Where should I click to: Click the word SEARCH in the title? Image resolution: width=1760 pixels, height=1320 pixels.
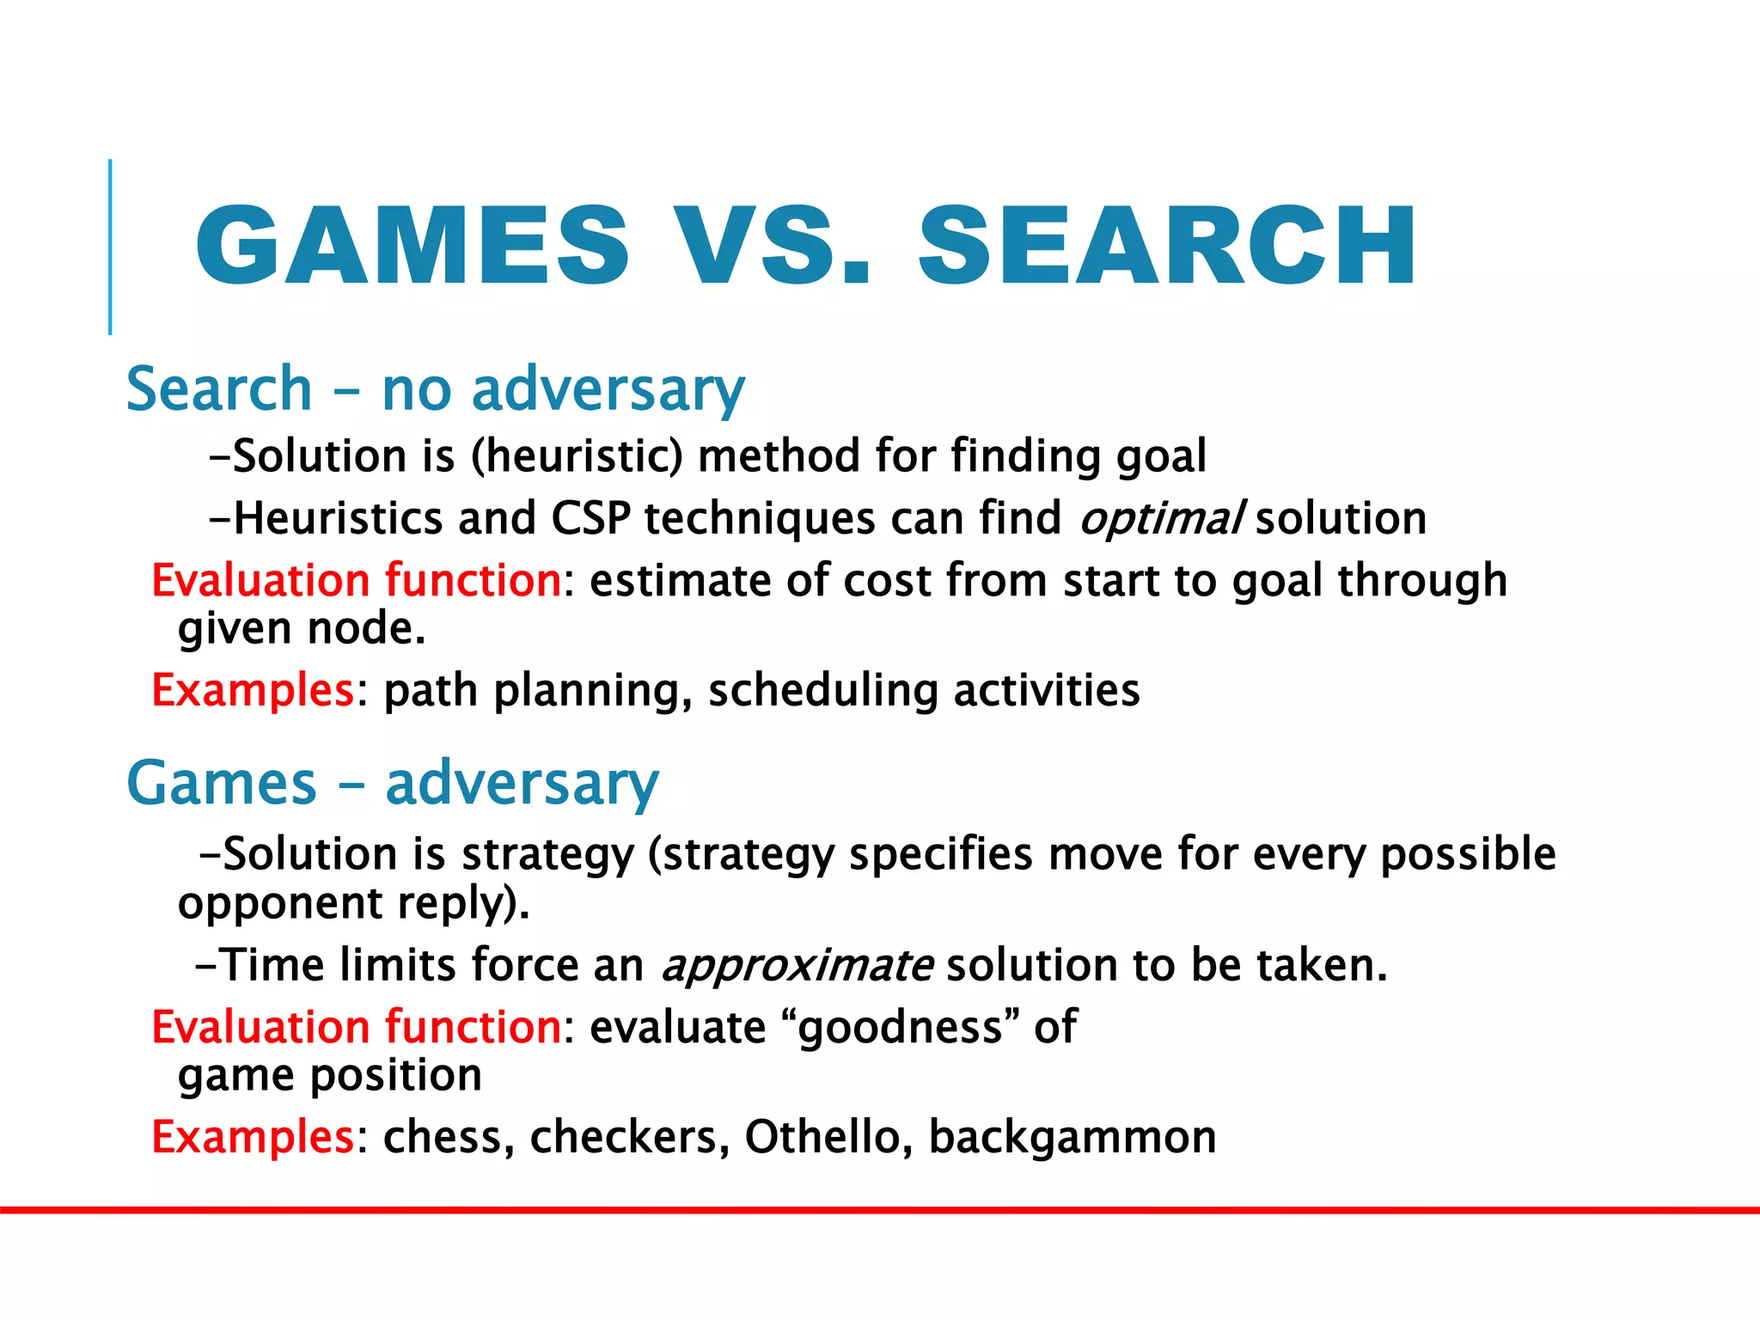1167,246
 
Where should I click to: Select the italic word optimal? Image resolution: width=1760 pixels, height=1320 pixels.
1160,519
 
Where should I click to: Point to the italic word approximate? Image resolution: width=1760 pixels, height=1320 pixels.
797,965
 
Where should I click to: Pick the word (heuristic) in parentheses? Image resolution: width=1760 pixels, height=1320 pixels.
577,455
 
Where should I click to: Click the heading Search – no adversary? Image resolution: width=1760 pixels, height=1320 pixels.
435,389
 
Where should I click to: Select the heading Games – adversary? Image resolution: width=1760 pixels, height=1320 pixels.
393,783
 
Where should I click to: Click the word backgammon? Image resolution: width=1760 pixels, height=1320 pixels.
1072,1137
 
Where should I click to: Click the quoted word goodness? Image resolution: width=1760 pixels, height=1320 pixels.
900,1027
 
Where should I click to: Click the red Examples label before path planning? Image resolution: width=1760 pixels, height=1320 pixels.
253,690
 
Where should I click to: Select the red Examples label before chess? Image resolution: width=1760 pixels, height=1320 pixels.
253,1137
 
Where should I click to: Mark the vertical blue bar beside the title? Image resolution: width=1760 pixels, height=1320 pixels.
110,247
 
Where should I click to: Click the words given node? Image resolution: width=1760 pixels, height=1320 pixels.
302,629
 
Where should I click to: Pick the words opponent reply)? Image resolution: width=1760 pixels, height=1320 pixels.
353,904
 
